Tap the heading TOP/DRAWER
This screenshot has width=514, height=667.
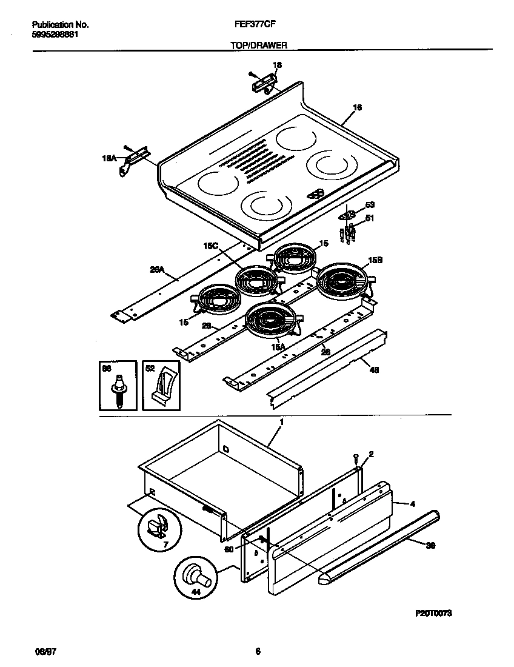[258, 45]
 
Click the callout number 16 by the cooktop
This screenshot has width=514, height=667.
[358, 108]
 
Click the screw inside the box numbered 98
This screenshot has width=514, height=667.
[118, 389]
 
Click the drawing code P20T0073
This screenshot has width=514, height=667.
[433, 614]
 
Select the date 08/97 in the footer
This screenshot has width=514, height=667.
[40, 651]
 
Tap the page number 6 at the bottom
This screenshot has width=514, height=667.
[258, 651]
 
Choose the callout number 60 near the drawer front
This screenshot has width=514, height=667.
[229, 549]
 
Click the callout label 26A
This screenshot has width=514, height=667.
[157, 272]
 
